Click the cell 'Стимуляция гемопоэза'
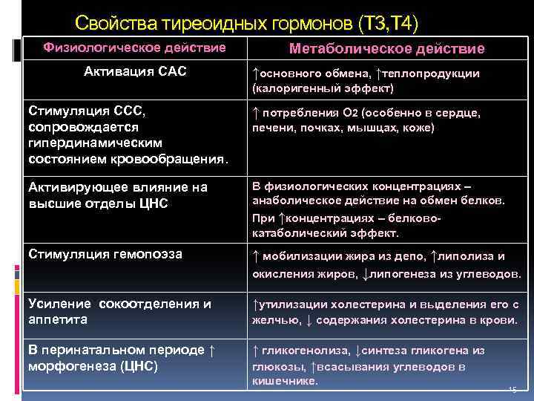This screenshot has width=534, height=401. click(104, 254)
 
